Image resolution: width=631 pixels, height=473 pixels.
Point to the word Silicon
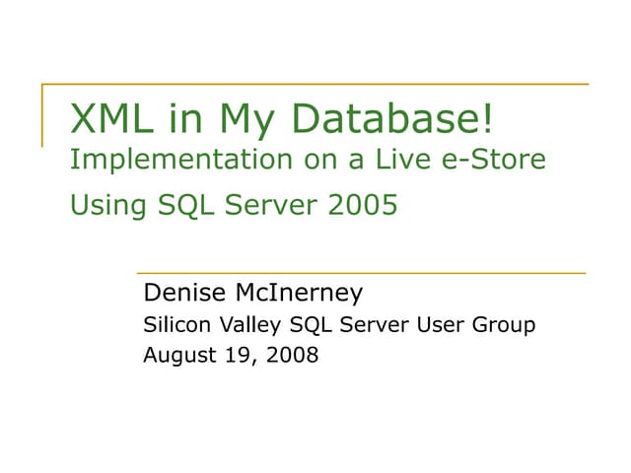click(175, 324)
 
